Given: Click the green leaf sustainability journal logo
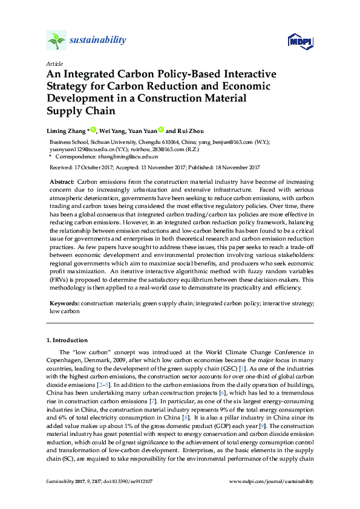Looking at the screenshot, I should (56, 41).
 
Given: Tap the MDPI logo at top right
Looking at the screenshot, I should (299, 41).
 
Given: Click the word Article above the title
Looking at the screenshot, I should (54, 63).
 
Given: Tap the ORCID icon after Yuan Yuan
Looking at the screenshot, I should (162, 129).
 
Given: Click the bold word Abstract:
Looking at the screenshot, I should (62, 182).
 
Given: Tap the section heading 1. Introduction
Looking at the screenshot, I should (67, 341).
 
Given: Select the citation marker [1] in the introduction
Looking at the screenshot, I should (242, 368).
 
